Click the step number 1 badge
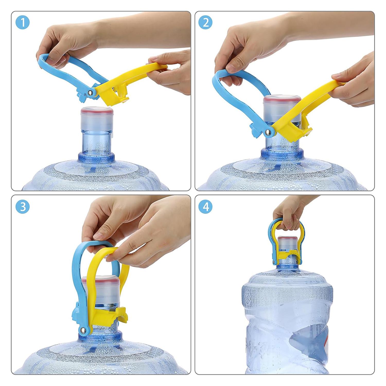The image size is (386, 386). (x=23, y=22)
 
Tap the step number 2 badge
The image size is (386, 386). (x=206, y=22)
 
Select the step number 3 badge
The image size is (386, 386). (x=23, y=207)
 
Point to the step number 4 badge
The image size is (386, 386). (x=206, y=207)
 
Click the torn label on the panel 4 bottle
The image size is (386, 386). (x=309, y=342)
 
